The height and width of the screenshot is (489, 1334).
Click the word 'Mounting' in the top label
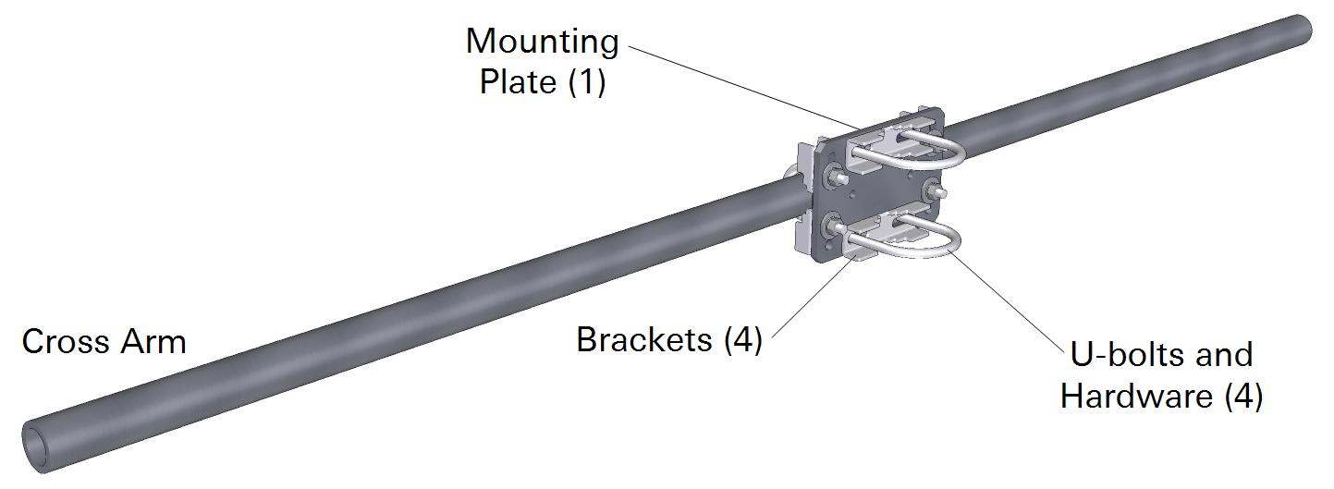coord(542,43)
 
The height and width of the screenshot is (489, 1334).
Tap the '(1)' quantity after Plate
coord(586,82)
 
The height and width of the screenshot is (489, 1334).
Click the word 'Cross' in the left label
coord(61,342)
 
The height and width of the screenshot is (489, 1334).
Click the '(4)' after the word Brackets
coord(743,340)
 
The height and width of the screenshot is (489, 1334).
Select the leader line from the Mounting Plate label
coord(740,87)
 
